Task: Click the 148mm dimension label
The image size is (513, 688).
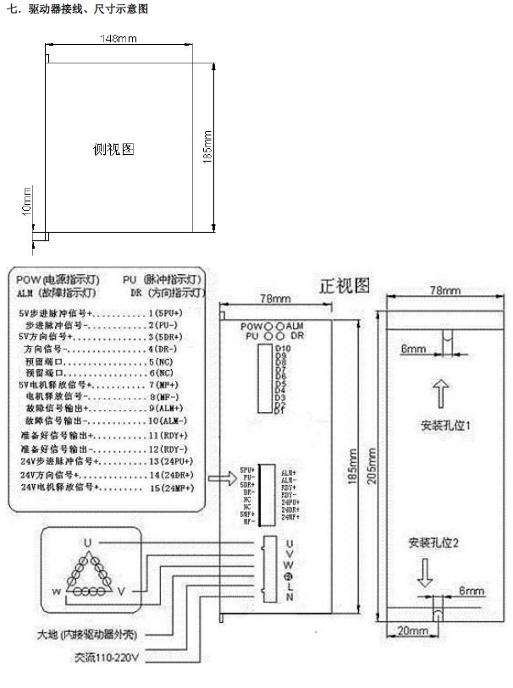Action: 119,39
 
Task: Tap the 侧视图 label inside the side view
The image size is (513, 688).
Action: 113,149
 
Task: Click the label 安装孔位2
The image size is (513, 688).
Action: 433,542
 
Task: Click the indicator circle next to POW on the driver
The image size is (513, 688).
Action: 269,326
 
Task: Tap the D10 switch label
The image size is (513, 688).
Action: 283,348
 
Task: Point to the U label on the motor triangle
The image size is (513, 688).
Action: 86,542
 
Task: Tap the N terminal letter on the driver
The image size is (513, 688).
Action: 290,597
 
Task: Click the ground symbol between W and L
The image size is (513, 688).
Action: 290,575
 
